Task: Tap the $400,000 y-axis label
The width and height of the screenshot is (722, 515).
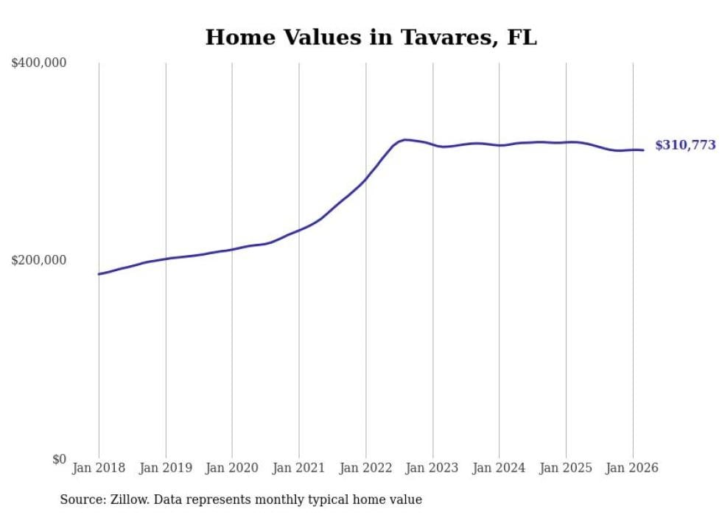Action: pyautogui.click(x=39, y=63)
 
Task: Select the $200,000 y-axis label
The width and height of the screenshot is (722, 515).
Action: pyautogui.click(x=39, y=261)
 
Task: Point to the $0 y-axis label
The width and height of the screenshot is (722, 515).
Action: pyautogui.click(x=59, y=459)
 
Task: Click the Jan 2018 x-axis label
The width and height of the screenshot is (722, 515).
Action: pyautogui.click(x=99, y=468)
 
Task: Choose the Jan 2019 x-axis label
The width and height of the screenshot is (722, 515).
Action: pyautogui.click(x=166, y=468)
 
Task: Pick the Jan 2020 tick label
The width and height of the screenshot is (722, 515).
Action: pyautogui.click(x=232, y=468)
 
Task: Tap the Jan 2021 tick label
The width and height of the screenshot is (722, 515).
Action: pyautogui.click(x=299, y=468)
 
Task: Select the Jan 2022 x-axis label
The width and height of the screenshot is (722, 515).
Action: pyautogui.click(x=365, y=468)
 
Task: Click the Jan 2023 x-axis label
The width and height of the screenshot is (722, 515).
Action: pyautogui.click(x=432, y=468)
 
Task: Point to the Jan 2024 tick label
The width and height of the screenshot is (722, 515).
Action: pyautogui.click(x=499, y=468)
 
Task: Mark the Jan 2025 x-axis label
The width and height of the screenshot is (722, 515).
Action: pyautogui.click(x=566, y=468)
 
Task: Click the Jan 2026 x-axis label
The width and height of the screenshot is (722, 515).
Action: pyautogui.click(x=632, y=468)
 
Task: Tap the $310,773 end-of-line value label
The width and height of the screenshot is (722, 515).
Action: pyautogui.click(x=685, y=145)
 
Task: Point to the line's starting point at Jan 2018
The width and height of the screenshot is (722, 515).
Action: pyautogui.click(x=99, y=274)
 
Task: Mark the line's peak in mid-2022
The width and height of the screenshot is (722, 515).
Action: pyautogui.click(x=405, y=139)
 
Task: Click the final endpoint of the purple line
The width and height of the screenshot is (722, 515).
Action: pyautogui.click(x=643, y=150)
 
